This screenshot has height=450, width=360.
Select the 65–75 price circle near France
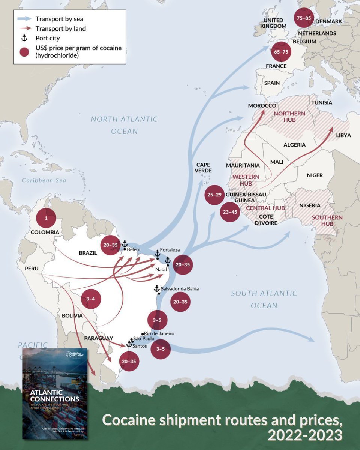click(281, 52)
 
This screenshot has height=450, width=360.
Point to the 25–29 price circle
click(215, 195)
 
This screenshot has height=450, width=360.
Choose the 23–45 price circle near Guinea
click(229, 212)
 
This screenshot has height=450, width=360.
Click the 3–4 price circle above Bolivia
click(91, 299)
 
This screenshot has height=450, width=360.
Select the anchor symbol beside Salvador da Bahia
click(157, 288)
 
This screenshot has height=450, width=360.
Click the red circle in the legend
click(24, 52)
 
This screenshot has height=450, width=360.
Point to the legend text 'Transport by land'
click(61, 28)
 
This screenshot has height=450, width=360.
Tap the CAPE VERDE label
click(203, 168)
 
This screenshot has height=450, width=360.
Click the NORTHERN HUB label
click(289, 117)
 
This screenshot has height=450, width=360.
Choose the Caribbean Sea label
click(44, 180)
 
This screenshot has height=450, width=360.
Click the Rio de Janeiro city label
click(159, 333)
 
